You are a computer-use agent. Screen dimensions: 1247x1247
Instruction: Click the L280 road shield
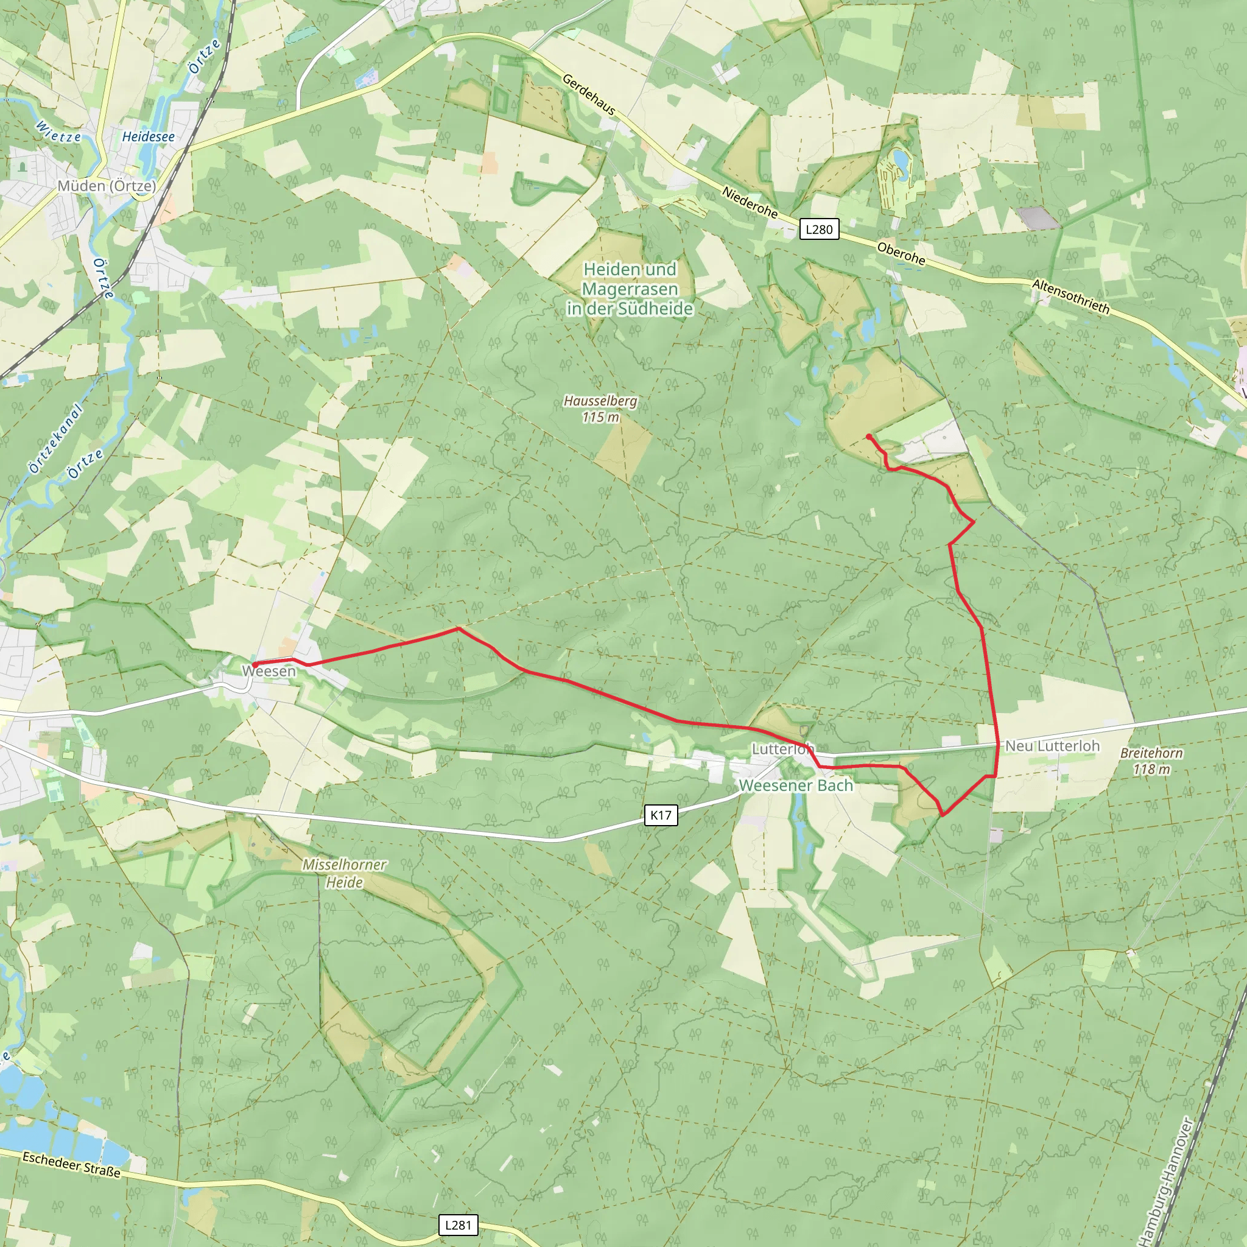819,229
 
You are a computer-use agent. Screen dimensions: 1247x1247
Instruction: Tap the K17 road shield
660,815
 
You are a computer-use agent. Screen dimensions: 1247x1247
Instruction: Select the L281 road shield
458,1225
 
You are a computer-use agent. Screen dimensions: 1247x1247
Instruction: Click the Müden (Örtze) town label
107,186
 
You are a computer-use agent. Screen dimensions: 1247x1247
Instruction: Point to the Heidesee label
149,137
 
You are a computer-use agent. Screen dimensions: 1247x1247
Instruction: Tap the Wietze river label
58,132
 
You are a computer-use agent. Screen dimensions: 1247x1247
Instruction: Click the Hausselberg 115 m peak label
600,409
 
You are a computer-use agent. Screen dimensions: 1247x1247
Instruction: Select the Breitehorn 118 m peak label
1151,761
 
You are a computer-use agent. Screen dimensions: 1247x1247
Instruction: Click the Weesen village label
269,671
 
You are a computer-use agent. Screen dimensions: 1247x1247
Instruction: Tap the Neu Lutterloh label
1052,746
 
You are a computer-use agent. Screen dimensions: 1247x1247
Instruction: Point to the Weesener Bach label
796,785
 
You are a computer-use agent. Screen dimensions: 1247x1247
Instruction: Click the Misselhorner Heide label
345,873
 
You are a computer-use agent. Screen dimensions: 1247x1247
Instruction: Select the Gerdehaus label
589,94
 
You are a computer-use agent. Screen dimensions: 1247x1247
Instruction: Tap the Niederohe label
750,202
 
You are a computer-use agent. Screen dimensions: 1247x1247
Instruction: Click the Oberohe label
901,254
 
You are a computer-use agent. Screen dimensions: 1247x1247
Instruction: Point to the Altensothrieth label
1071,297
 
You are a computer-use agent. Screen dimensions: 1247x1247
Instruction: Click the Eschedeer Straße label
72,1164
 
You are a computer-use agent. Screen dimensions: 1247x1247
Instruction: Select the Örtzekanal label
56,438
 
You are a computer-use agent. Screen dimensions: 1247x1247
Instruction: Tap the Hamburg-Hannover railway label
1167,1181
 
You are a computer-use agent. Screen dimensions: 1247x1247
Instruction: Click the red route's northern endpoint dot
869,437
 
